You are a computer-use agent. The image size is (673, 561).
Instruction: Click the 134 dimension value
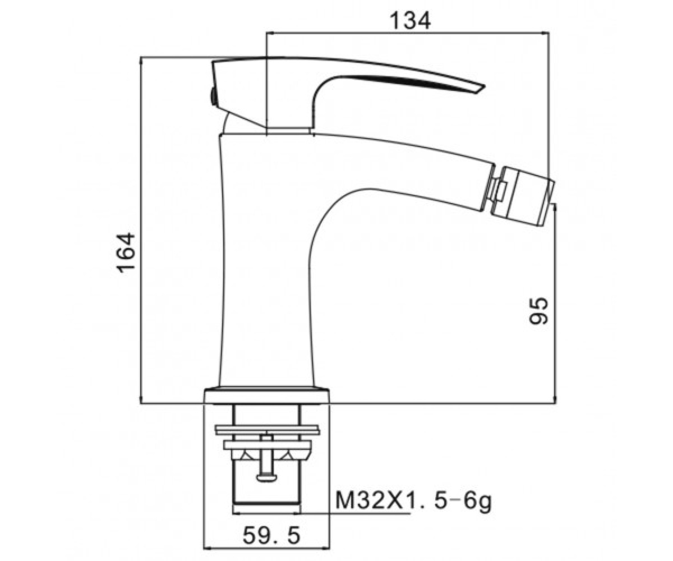410,21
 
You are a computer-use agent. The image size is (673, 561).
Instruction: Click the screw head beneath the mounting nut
266,486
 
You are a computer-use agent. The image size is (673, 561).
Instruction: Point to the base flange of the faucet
267,397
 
